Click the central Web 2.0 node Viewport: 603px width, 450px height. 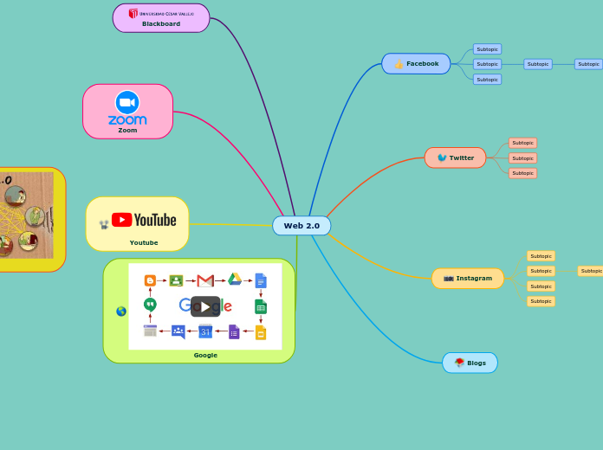coord(301,226)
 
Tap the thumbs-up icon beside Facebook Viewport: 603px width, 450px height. coord(399,64)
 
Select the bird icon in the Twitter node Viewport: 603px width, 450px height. coord(442,157)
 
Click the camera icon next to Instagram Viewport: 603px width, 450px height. coord(448,279)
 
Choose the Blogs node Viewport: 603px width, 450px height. coord(470,363)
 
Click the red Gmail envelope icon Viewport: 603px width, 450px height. coord(205,280)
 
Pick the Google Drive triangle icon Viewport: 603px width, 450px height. coord(234,280)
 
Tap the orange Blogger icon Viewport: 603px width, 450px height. coord(150,280)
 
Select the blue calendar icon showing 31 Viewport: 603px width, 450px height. coord(205,331)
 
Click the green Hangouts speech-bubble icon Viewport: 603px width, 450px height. coord(150,305)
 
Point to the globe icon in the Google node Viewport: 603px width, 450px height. coord(121,311)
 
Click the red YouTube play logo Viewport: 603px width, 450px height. coord(121,220)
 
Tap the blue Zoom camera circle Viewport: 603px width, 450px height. coord(127,102)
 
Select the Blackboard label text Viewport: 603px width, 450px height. coord(161,24)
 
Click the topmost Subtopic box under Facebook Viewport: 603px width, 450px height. coord(487,49)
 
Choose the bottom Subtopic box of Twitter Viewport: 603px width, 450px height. coord(522,173)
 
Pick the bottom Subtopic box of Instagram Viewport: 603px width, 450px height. coord(541,301)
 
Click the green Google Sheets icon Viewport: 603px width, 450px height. coord(261,306)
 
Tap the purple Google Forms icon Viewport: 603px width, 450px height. coord(234,331)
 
